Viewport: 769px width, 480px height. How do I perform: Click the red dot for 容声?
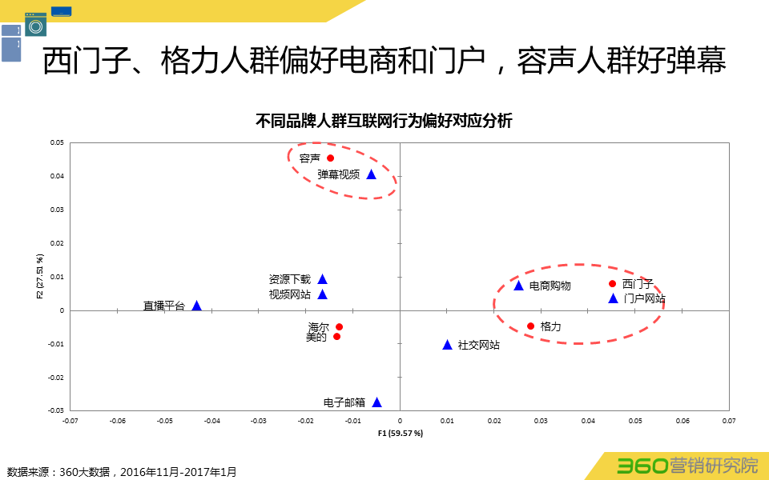click(330, 158)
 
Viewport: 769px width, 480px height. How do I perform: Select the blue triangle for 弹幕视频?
click(372, 174)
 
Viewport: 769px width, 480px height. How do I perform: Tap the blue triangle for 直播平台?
click(196, 306)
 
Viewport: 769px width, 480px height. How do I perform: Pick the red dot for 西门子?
click(613, 284)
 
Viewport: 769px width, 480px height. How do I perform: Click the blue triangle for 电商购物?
click(518, 286)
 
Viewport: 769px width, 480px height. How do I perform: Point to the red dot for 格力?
click(530, 326)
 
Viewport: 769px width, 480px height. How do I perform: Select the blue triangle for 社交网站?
click(448, 345)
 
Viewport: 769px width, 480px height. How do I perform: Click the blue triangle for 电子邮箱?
click(376, 402)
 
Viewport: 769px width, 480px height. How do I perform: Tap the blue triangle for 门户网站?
click(613, 298)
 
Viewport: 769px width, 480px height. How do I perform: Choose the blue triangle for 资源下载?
click(322, 279)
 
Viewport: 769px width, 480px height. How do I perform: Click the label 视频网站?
click(289, 294)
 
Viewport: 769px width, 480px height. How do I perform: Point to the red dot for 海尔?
click(339, 326)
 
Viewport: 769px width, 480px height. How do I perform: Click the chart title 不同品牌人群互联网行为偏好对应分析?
click(384, 122)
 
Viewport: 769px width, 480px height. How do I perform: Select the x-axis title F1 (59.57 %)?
click(400, 433)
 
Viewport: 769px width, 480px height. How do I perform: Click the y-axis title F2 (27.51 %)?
click(39, 276)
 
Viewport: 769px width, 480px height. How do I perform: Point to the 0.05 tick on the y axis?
click(57, 143)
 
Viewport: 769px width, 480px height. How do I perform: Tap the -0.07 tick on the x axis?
click(70, 419)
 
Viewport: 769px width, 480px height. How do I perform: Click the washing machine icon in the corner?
click(35, 24)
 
